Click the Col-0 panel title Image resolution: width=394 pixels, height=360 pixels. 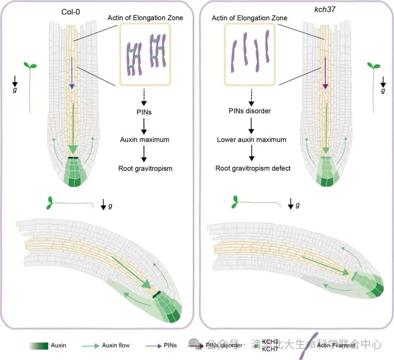[x=71, y=11]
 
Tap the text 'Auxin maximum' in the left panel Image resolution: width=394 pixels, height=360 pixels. [x=145, y=139]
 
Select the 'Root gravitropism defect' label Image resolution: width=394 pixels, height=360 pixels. [x=253, y=168]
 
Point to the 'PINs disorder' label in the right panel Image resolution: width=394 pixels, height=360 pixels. [x=250, y=111]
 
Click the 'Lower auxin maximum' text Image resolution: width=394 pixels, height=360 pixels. [x=251, y=139]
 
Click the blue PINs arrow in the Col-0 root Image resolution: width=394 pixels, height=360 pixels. [x=72, y=73]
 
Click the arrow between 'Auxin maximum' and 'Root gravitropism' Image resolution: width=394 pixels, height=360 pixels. [x=144, y=154]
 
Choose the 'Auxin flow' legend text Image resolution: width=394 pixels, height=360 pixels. [x=116, y=345]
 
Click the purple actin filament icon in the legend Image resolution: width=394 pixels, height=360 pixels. [x=309, y=345]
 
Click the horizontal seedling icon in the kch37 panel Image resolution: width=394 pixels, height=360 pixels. [x=255, y=203]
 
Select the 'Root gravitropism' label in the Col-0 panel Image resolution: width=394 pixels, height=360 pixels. [x=145, y=168]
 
